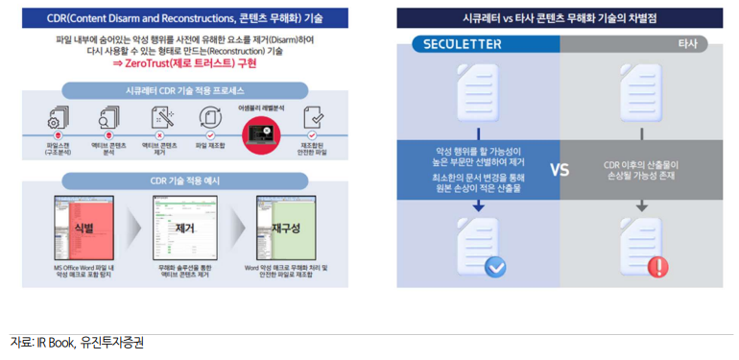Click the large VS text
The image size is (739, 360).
[x=560, y=169]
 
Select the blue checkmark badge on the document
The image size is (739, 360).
[x=495, y=241]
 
